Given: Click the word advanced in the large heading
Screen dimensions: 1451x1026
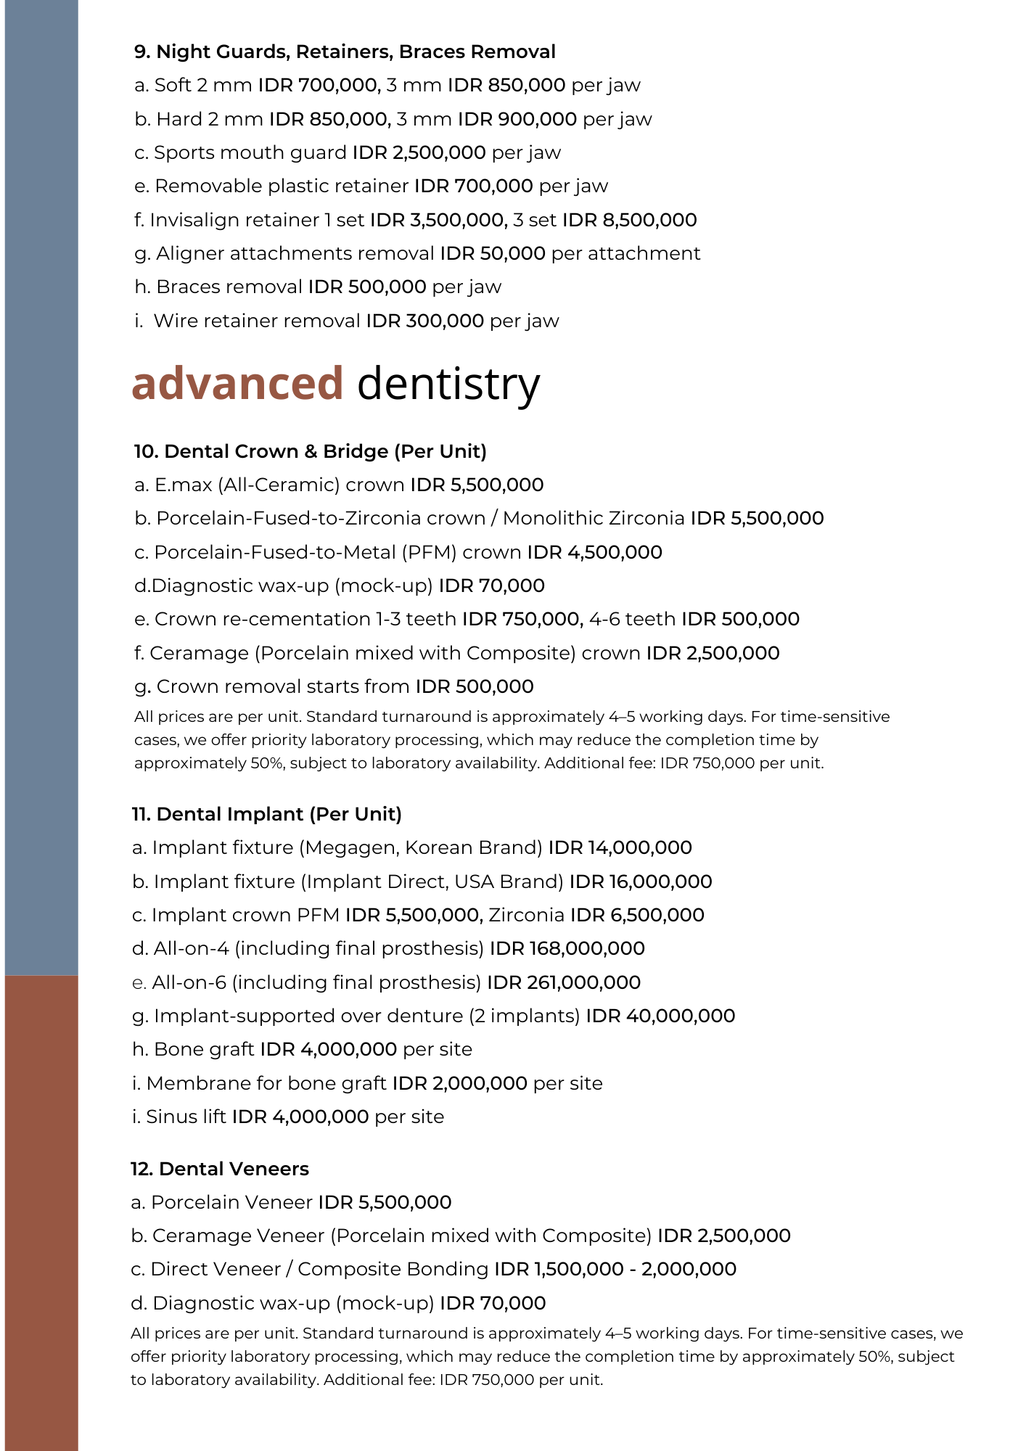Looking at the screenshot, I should coord(237,383).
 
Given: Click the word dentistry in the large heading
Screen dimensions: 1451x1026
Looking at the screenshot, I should coord(448,385).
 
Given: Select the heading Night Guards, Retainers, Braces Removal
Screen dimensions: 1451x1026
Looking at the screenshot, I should coord(345,52).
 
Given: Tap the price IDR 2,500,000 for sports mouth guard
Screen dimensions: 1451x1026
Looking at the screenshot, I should coord(419,153).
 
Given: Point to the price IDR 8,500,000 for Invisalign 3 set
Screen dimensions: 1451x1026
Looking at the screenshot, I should coord(629,220).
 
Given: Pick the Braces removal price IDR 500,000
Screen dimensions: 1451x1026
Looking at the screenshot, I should coord(366,287).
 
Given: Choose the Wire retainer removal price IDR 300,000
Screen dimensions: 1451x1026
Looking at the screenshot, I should coord(424,321).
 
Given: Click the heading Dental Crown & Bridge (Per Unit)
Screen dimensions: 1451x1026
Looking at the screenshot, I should coord(311,452).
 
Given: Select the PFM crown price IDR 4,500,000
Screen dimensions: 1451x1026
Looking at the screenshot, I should coord(594,553).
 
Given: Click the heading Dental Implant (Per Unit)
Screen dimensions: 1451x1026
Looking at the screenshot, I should coord(267,815).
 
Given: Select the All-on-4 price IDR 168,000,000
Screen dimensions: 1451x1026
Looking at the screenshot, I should coord(567,949).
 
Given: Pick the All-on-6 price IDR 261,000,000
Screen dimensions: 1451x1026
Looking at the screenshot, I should coord(564,983).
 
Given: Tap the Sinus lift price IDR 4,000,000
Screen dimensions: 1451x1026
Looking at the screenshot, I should coord(300,1117).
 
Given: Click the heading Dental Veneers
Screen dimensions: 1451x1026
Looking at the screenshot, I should coord(220,1170).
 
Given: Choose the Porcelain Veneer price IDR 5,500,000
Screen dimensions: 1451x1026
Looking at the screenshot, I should coord(385,1203).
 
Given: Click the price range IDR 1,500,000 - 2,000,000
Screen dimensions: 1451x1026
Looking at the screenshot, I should coord(615,1270).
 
